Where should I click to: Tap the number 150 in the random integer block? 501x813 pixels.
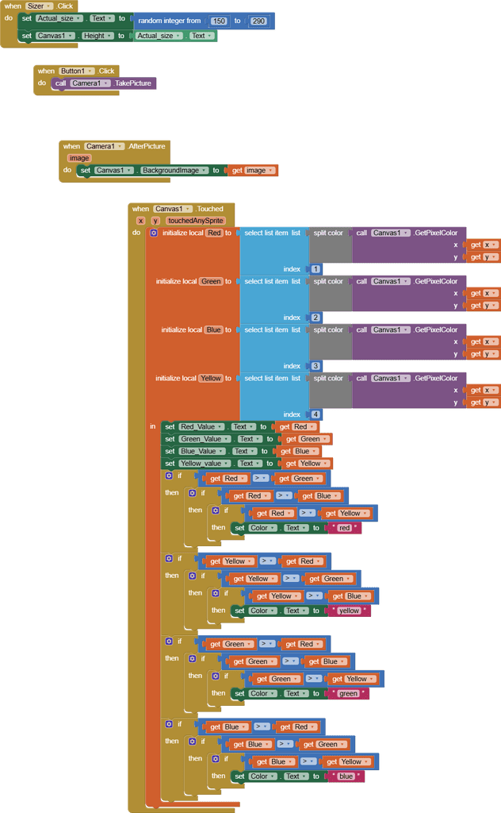click(219, 21)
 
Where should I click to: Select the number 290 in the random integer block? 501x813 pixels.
click(258, 21)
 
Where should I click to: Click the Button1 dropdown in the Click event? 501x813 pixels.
click(77, 71)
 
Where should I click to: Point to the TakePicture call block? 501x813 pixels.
click(132, 83)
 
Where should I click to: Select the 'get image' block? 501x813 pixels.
click(252, 170)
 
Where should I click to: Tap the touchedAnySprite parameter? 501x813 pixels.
click(196, 221)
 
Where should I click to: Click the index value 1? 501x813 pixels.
click(316, 269)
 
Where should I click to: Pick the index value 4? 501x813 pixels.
click(316, 414)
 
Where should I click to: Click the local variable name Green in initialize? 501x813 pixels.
click(211, 281)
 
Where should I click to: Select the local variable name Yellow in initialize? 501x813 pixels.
click(211, 378)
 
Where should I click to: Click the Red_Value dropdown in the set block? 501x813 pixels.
click(201, 426)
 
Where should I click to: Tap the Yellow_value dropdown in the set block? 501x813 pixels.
click(204, 463)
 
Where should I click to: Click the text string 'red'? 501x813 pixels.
click(345, 527)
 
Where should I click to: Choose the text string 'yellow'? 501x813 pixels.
click(349, 611)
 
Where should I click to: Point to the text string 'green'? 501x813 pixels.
click(349, 693)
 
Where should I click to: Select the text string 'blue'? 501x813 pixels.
click(346, 776)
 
